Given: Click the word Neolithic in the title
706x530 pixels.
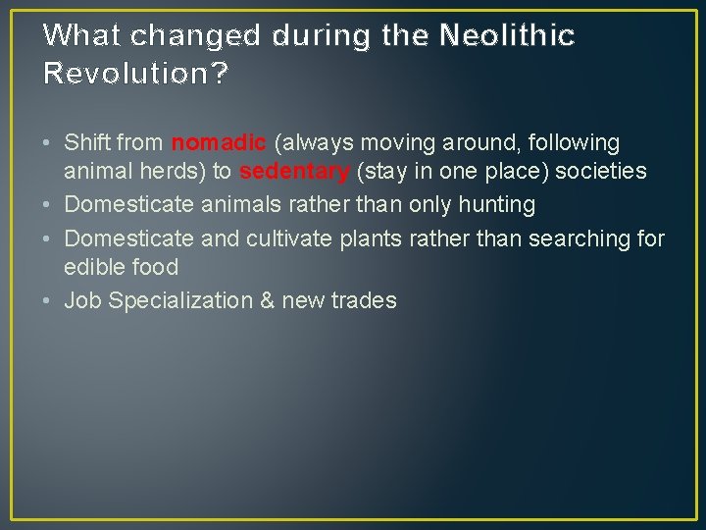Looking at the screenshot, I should point(507,35).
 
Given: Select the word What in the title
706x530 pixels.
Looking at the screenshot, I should point(82,35).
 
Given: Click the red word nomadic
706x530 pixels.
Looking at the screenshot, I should point(218,142).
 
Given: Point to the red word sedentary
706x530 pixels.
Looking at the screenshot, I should point(294,172).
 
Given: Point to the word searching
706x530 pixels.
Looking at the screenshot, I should point(570,238).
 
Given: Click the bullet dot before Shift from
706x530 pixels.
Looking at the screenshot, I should point(49,143).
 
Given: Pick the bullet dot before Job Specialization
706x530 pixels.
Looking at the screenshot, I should point(49,301).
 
